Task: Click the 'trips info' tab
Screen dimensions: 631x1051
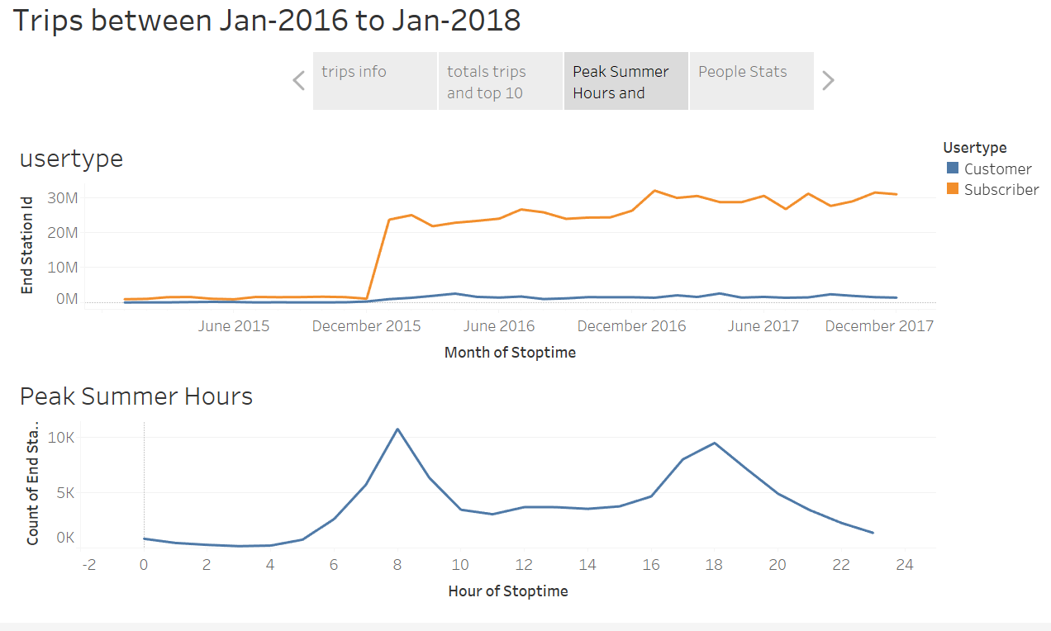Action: (x=374, y=81)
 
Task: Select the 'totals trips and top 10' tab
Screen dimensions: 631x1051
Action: (x=500, y=81)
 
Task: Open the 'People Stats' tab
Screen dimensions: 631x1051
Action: (x=751, y=81)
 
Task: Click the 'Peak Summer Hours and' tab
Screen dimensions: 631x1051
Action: (x=625, y=81)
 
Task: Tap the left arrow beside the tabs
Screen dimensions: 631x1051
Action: (x=299, y=81)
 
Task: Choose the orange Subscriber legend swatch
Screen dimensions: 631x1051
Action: (x=953, y=189)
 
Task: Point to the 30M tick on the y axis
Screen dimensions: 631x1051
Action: (x=62, y=198)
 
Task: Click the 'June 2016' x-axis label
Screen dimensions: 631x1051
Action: (x=498, y=326)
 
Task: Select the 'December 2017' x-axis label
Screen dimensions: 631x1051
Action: (x=879, y=326)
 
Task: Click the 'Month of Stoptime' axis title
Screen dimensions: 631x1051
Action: (x=510, y=353)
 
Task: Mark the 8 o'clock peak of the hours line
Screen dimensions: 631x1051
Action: (x=397, y=429)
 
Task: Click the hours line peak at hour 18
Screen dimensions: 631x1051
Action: (x=714, y=444)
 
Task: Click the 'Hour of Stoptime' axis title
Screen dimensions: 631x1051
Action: (x=508, y=591)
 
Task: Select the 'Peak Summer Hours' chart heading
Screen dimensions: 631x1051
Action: (x=136, y=396)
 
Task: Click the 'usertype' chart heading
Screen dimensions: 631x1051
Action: (x=71, y=159)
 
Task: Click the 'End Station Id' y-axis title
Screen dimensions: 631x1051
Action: (x=27, y=244)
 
